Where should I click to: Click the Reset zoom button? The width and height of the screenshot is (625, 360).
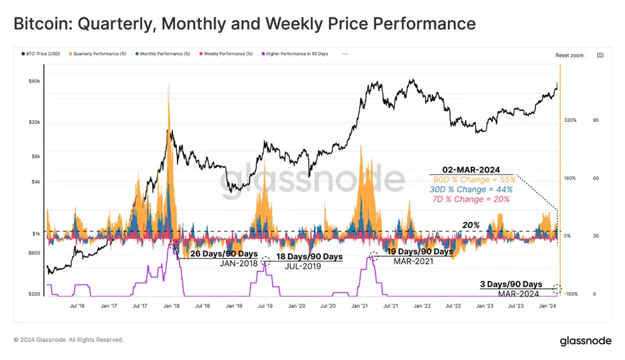(x=569, y=55)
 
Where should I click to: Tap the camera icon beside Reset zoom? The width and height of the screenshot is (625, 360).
(x=600, y=55)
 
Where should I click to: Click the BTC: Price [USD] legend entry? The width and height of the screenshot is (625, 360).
(x=41, y=54)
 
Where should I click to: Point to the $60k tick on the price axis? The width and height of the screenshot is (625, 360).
(x=35, y=81)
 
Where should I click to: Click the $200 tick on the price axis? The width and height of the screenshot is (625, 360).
(x=35, y=294)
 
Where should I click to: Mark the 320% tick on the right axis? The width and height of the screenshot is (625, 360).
(x=570, y=120)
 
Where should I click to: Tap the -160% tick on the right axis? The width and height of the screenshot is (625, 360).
(x=570, y=294)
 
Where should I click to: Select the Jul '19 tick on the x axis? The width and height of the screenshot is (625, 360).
(x=265, y=307)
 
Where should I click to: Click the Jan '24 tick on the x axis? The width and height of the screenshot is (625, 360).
(x=547, y=307)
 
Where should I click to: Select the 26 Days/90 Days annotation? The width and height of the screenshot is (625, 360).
(x=224, y=254)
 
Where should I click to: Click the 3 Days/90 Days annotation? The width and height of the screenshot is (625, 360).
(x=511, y=284)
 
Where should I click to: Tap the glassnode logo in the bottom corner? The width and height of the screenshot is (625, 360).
(x=585, y=341)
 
